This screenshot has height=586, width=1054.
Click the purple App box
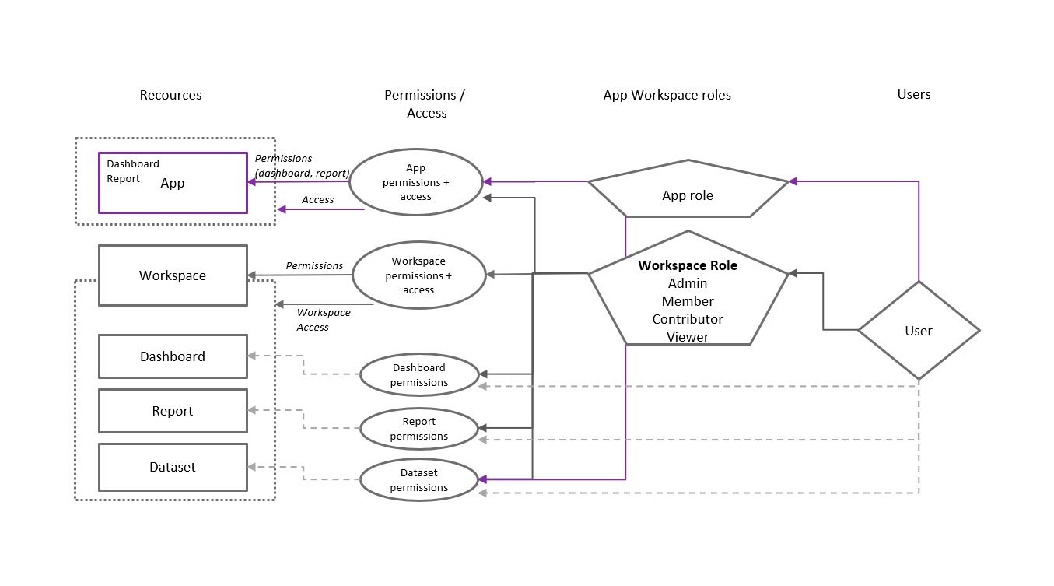point(173,183)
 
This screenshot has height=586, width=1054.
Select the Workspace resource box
point(173,275)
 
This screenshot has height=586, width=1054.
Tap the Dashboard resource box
point(173,356)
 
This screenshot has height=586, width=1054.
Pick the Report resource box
point(173,411)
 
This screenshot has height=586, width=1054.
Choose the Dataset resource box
point(173,467)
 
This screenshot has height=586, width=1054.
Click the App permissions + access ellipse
point(415,183)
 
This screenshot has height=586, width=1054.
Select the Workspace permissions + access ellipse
point(418,275)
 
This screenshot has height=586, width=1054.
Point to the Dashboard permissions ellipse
point(419,375)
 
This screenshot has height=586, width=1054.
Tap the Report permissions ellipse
point(419,429)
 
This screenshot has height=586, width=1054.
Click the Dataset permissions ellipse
point(419,480)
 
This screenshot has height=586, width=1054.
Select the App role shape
point(688,195)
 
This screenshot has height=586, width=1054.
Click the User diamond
point(919,331)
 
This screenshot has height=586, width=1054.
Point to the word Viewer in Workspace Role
point(688,337)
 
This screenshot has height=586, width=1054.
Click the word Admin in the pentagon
point(688,283)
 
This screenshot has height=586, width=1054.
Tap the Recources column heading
point(170,95)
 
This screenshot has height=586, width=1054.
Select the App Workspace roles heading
point(667,95)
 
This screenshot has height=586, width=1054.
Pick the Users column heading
point(914,94)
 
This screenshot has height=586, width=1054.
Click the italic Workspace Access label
point(324,320)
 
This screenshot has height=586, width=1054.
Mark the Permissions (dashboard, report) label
point(301,166)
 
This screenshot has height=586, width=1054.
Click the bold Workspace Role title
point(688,265)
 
